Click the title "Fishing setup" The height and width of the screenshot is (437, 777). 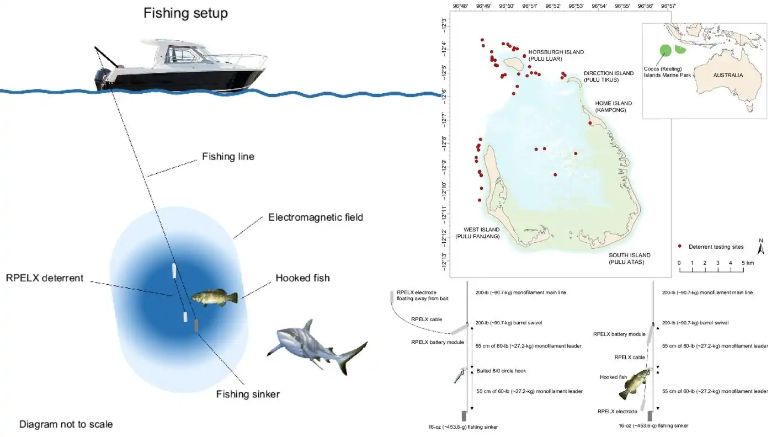coord(185,13)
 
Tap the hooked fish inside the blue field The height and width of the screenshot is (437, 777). coord(215,299)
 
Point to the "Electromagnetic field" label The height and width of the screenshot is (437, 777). coord(316,217)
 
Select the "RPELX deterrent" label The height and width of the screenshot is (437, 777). coord(45,278)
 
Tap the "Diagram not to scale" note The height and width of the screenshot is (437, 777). coord(66,424)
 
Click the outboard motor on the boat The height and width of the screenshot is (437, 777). coord(103,78)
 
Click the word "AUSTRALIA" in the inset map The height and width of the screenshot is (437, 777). coord(728,76)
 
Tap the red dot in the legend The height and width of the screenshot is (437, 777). coord(680,246)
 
